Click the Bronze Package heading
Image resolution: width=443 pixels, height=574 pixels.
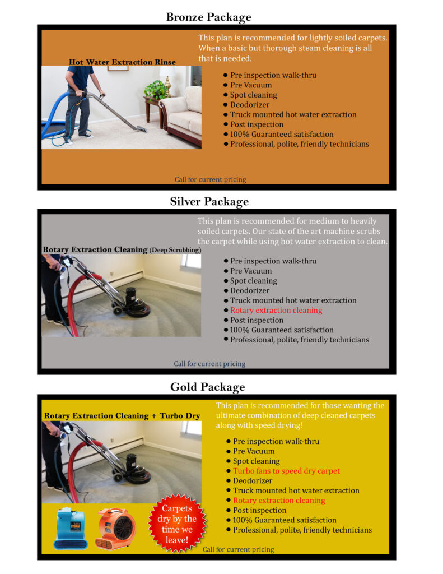point(208,17)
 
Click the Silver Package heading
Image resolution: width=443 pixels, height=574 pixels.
point(209,201)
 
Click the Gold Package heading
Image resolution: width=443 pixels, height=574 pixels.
point(207,387)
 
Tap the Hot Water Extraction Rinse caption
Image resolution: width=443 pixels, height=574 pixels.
point(122,62)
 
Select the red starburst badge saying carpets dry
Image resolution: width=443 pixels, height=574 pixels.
point(178,522)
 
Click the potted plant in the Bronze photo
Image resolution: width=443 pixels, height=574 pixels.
point(156,89)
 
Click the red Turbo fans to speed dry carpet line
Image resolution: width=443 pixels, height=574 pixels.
point(286,471)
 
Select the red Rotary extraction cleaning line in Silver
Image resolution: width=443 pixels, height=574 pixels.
point(276,310)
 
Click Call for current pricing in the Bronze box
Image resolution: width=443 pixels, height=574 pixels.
point(210,179)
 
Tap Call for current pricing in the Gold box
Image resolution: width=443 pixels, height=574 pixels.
point(238,549)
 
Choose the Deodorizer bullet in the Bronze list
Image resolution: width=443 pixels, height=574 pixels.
point(249,105)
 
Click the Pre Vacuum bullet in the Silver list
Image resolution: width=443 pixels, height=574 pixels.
point(251,271)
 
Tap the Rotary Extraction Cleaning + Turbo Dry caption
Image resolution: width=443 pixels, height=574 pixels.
point(122,416)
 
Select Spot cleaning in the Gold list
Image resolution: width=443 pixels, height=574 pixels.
point(256,461)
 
